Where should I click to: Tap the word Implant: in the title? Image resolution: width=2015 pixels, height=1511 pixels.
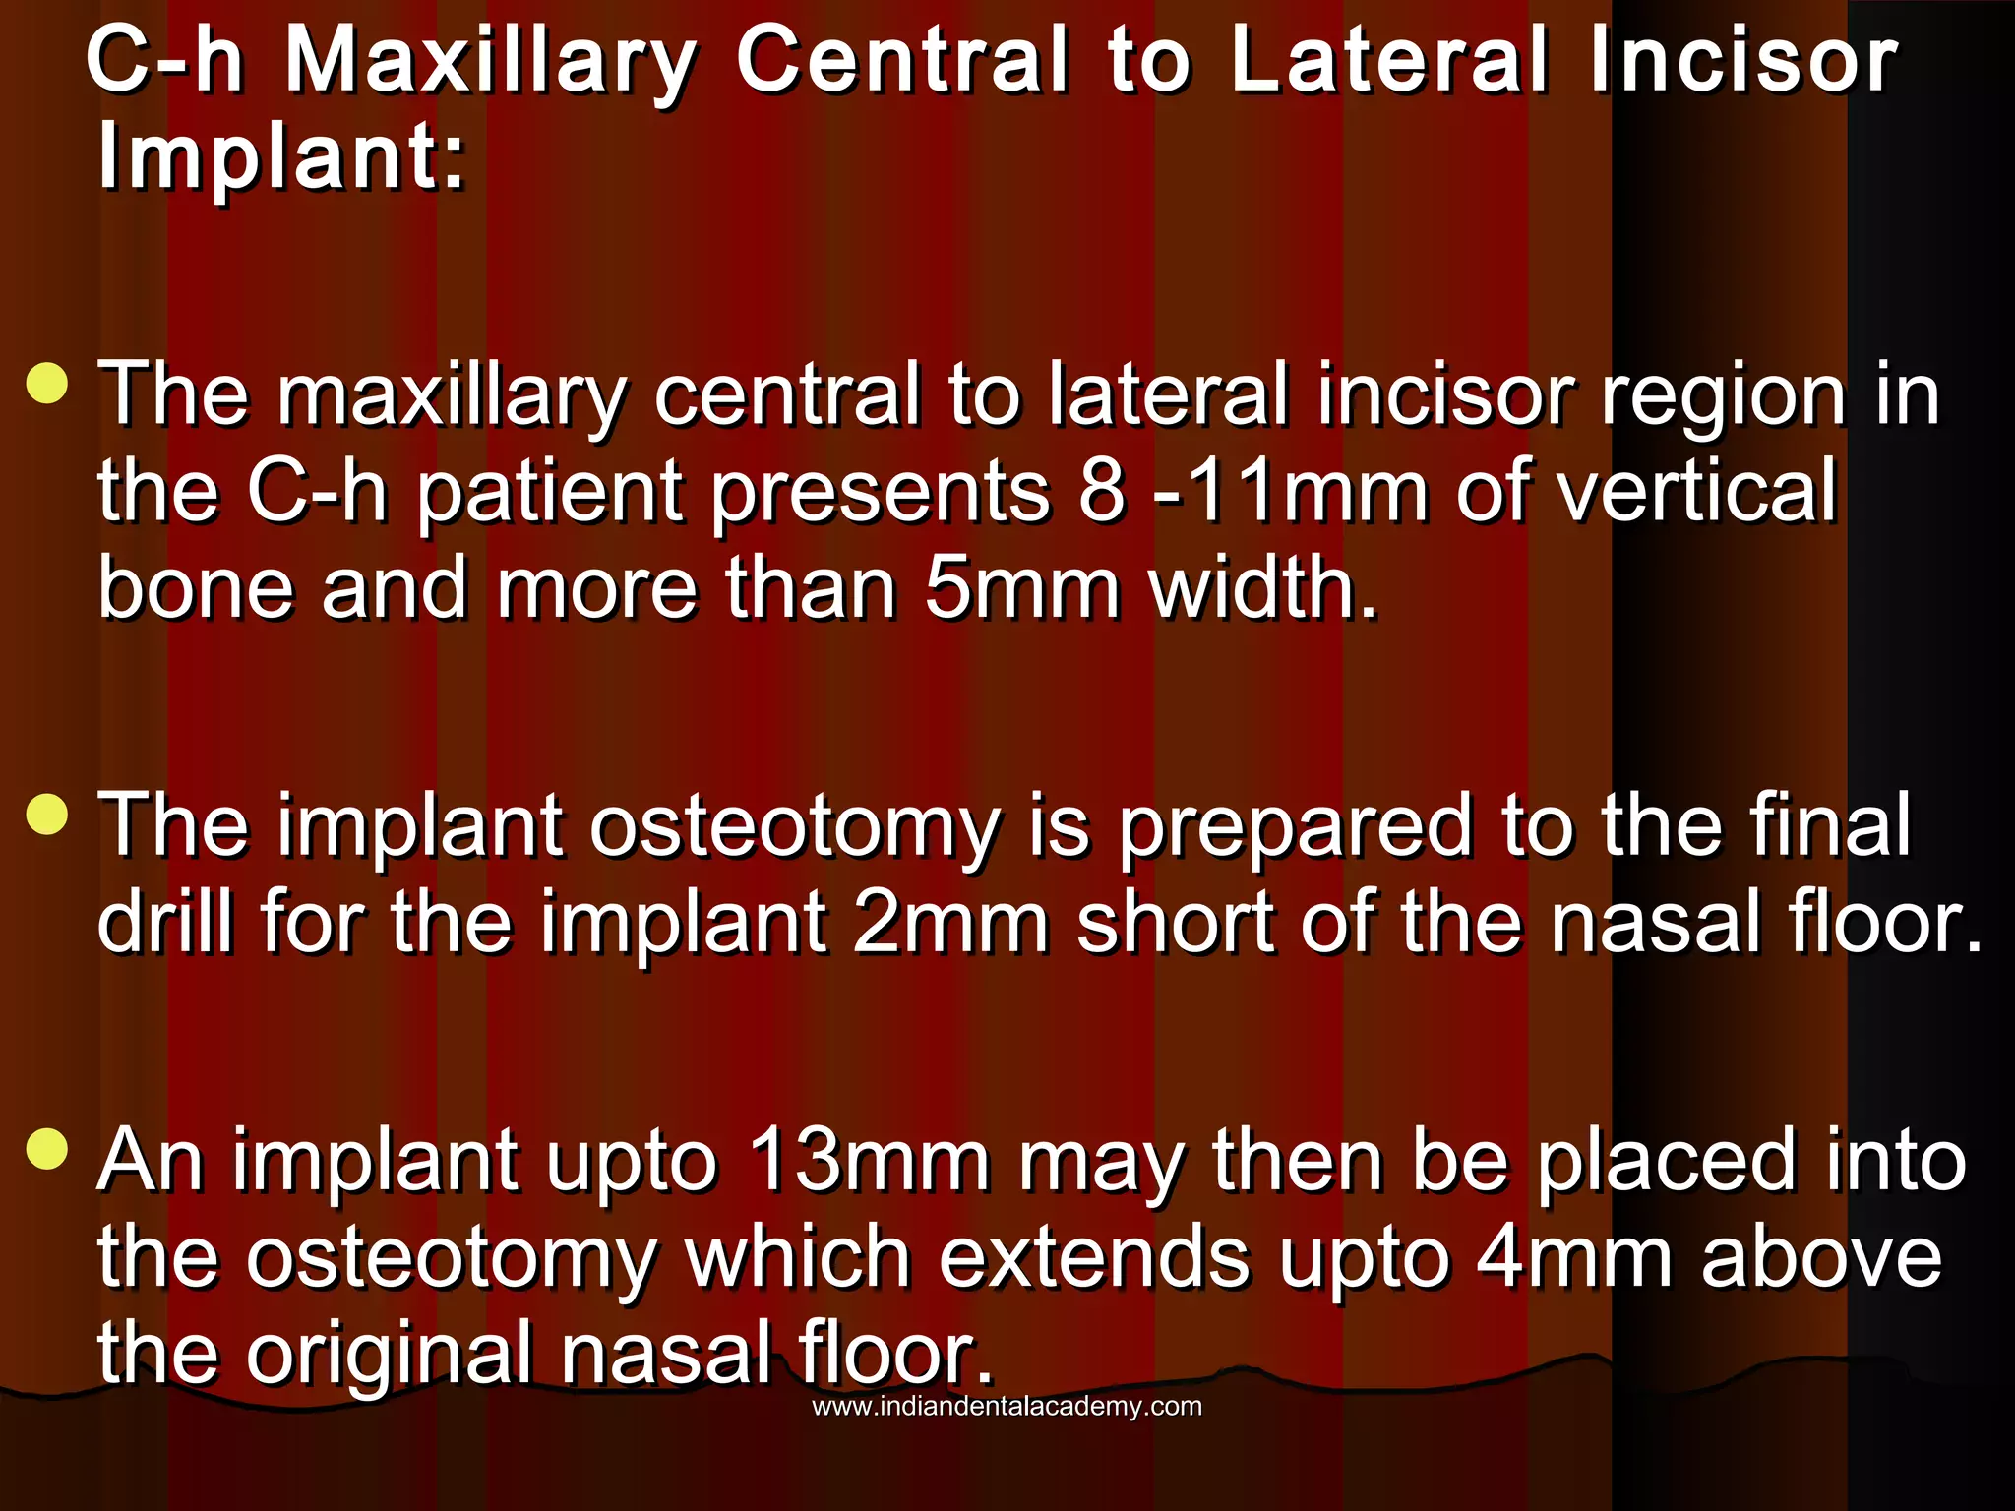(280, 157)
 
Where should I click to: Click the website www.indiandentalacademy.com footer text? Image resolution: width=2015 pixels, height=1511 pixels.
(1007, 1406)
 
